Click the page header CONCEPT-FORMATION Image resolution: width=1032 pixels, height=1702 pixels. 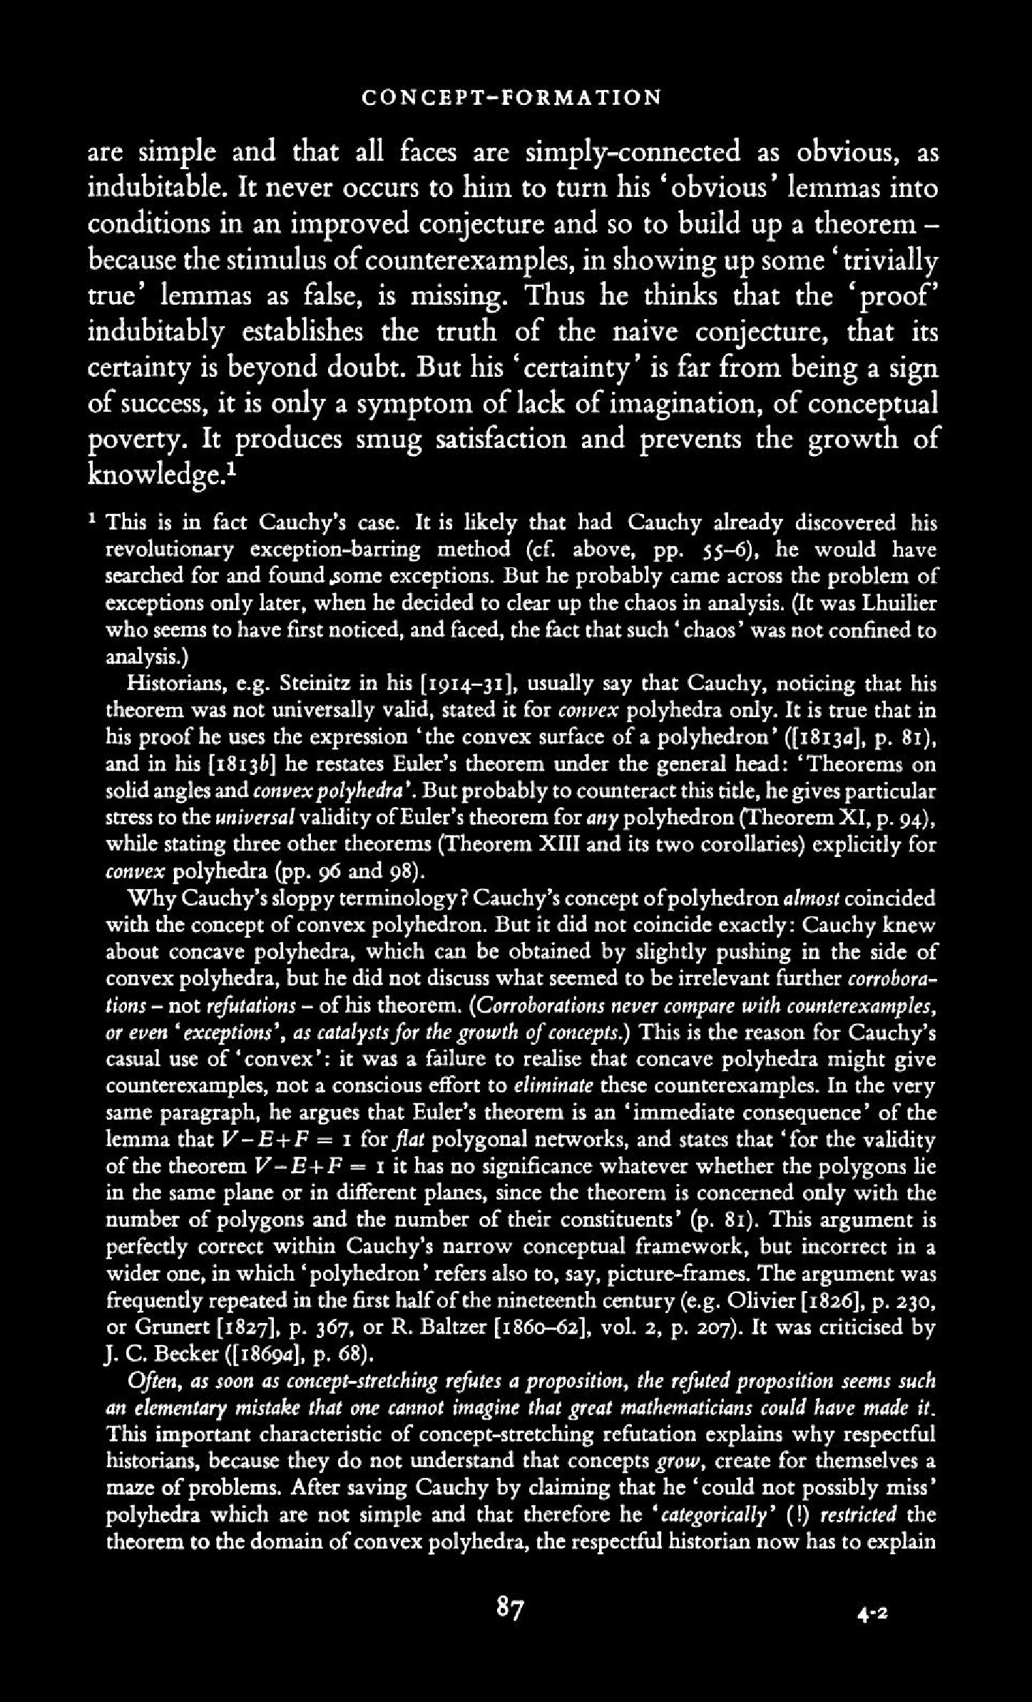coord(511,97)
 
